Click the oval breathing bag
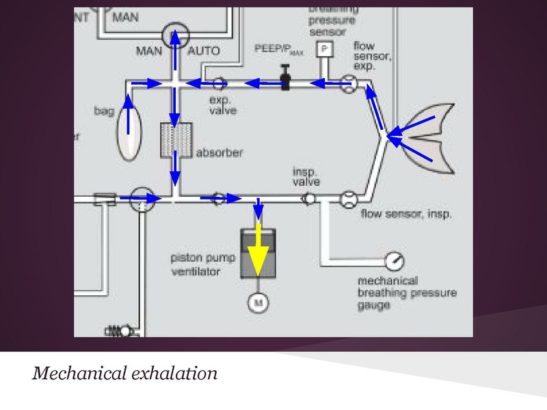[x=126, y=134]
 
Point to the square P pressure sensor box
[x=322, y=50]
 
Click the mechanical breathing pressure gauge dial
[x=394, y=261]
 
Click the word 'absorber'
[x=219, y=152]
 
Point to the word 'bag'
[x=103, y=109]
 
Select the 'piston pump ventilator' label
[x=204, y=265]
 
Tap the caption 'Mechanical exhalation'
[x=124, y=374]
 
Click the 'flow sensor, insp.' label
[x=407, y=215]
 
